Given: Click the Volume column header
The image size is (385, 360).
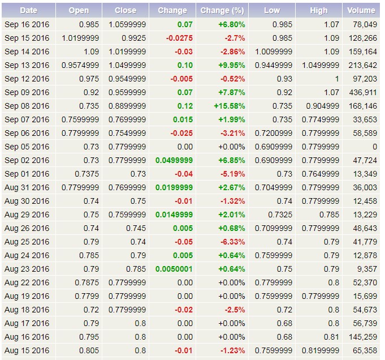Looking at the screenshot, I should point(361,10).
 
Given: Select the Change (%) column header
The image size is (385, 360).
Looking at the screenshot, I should point(222,10).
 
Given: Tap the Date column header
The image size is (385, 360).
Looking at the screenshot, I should point(28,10).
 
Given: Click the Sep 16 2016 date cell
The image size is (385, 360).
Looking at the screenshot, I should point(27,24).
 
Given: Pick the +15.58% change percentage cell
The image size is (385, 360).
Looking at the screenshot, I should point(230,106).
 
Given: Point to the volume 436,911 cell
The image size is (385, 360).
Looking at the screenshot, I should point(362,92).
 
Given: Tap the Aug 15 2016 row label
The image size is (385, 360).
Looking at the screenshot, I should point(27,350).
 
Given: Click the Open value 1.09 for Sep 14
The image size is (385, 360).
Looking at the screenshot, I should point(90,52).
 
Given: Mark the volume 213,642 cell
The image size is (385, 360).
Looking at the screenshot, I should point(362,65).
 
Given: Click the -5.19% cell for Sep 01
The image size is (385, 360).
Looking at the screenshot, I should point(233,174).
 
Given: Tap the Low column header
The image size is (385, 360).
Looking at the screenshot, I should point(271,10).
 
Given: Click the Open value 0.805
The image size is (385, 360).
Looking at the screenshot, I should point(88,350).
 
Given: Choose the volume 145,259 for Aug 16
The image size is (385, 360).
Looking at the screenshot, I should point(362,337).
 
